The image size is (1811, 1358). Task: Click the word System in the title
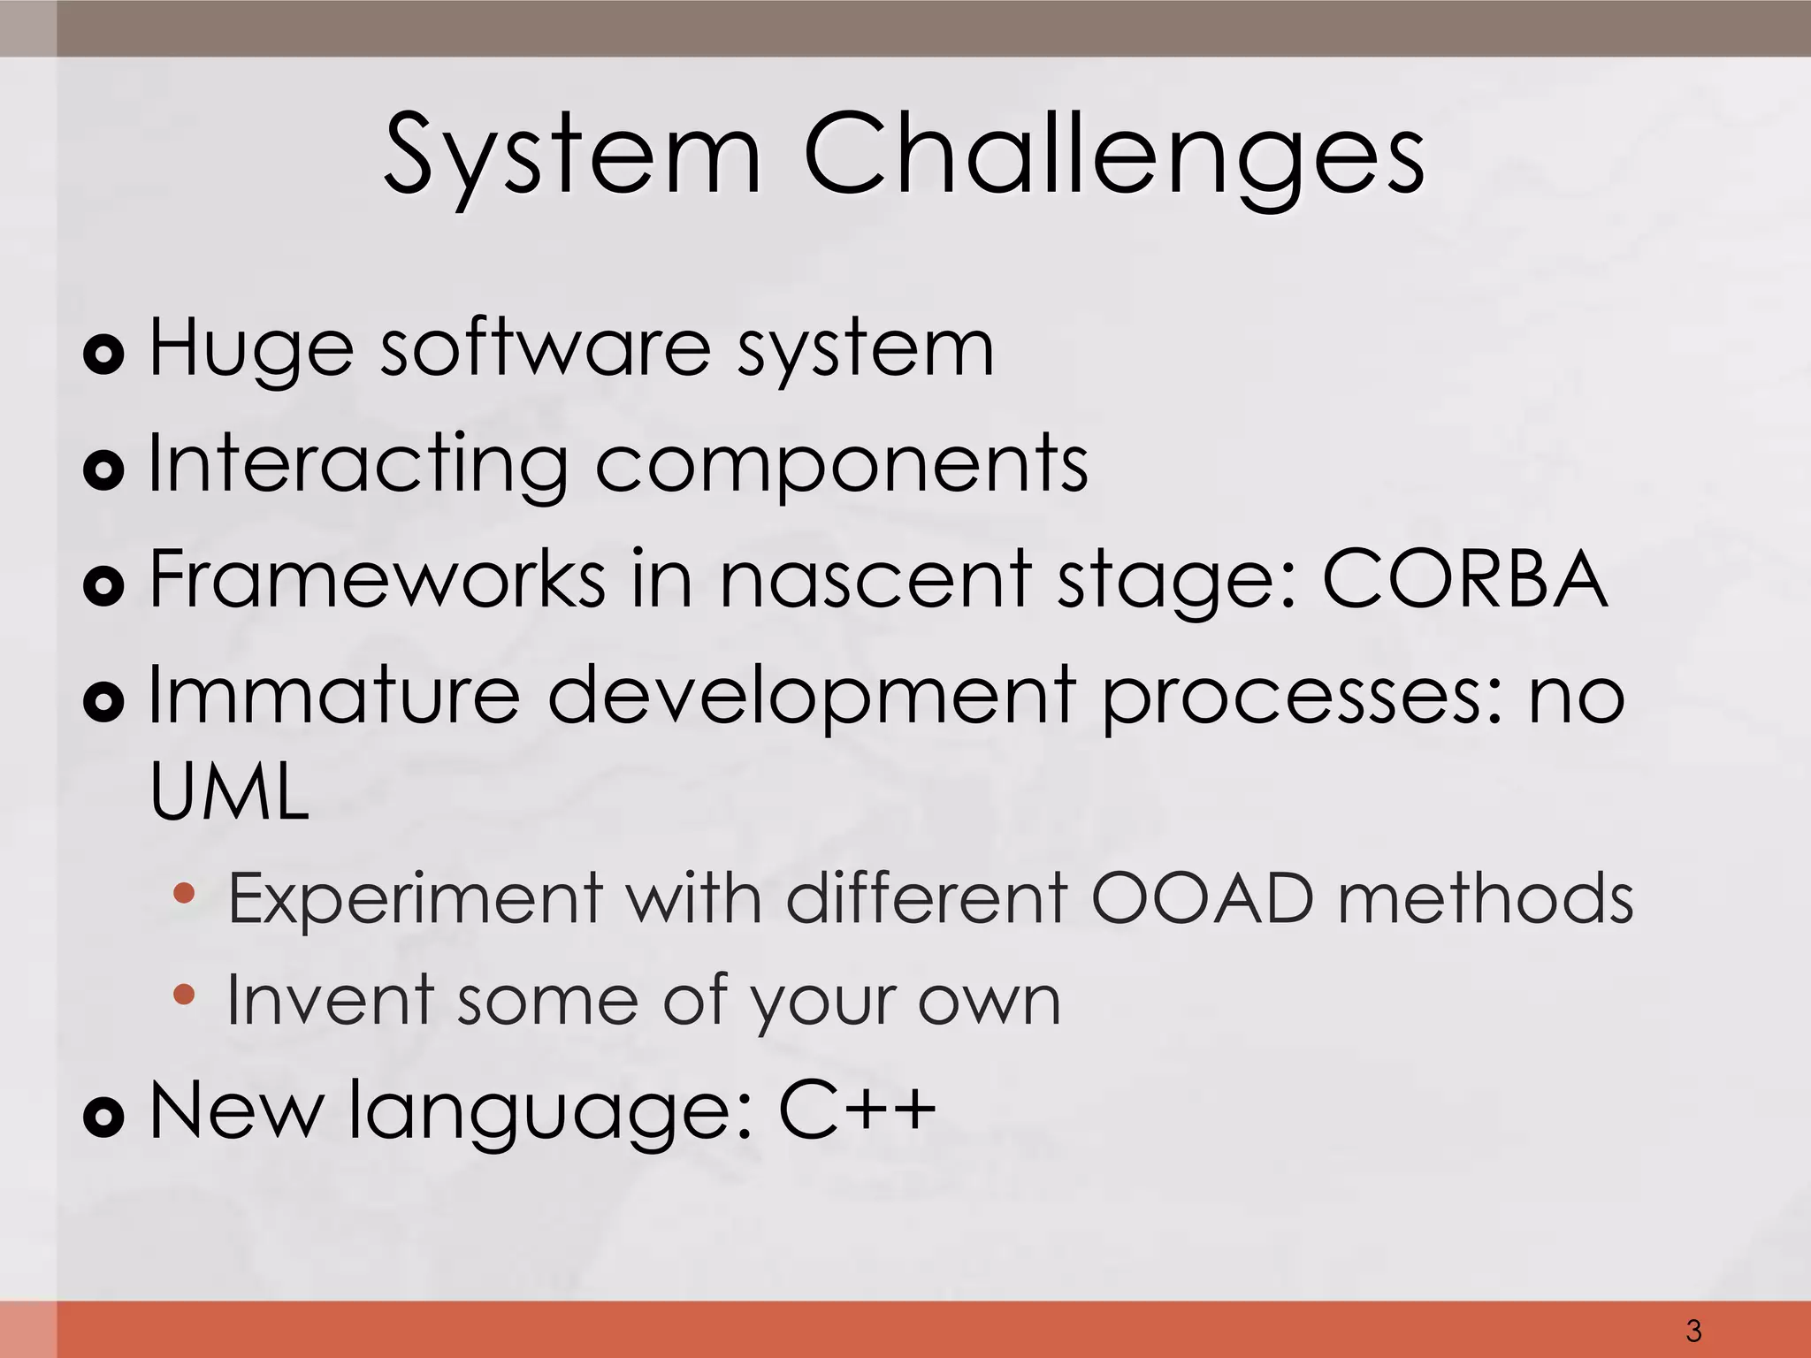(x=572, y=155)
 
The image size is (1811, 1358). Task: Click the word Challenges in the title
(x=1113, y=155)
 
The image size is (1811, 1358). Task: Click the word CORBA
(x=1463, y=579)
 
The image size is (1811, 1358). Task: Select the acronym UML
(x=229, y=791)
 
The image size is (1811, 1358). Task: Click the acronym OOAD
(x=1203, y=898)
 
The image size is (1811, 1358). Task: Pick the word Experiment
(x=416, y=898)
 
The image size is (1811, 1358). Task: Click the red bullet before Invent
(x=184, y=995)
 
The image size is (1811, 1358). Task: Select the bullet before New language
(x=103, y=1118)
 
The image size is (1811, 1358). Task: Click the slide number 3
(x=1693, y=1330)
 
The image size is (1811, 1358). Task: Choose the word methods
(x=1485, y=898)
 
